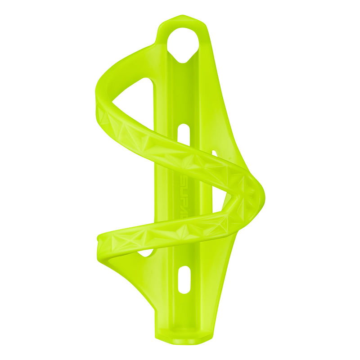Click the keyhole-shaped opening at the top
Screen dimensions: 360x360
click(183, 43)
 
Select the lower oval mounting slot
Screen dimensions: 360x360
click(184, 279)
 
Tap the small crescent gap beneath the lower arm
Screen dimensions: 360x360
click(145, 252)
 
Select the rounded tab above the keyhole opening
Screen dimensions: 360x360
click(182, 20)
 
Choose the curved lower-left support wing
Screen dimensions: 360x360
click(130, 274)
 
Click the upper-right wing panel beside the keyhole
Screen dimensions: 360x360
click(220, 90)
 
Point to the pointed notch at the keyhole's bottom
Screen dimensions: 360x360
click(183, 61)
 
